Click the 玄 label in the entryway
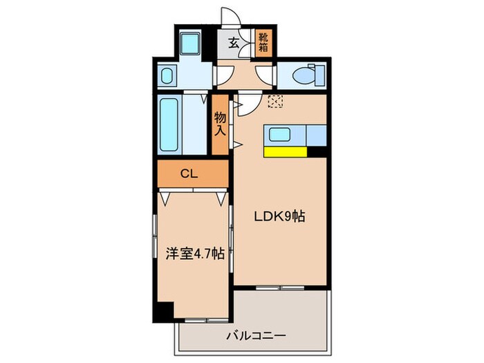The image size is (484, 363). tap(233, 42)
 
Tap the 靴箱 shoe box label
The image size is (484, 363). tap(264, 42)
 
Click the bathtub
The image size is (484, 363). tap(170, 124)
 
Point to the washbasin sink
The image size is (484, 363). tap(167, 75)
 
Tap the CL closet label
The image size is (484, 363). tap(189, 174)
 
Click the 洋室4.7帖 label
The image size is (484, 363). tap(194, 253)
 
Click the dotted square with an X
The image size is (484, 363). tap(275, 101)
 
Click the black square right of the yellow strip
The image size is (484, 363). tap(317, 152)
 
